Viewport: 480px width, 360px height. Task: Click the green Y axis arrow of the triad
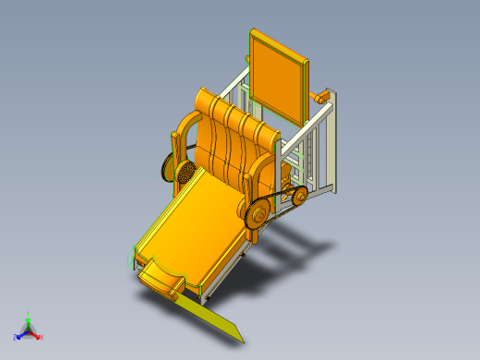[x=28, y=317]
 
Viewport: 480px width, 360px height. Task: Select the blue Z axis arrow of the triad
[x=19, y=335]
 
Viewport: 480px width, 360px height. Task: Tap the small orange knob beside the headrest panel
[x=322, y=95]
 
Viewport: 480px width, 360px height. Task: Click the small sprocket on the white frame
[x=299, y=195]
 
